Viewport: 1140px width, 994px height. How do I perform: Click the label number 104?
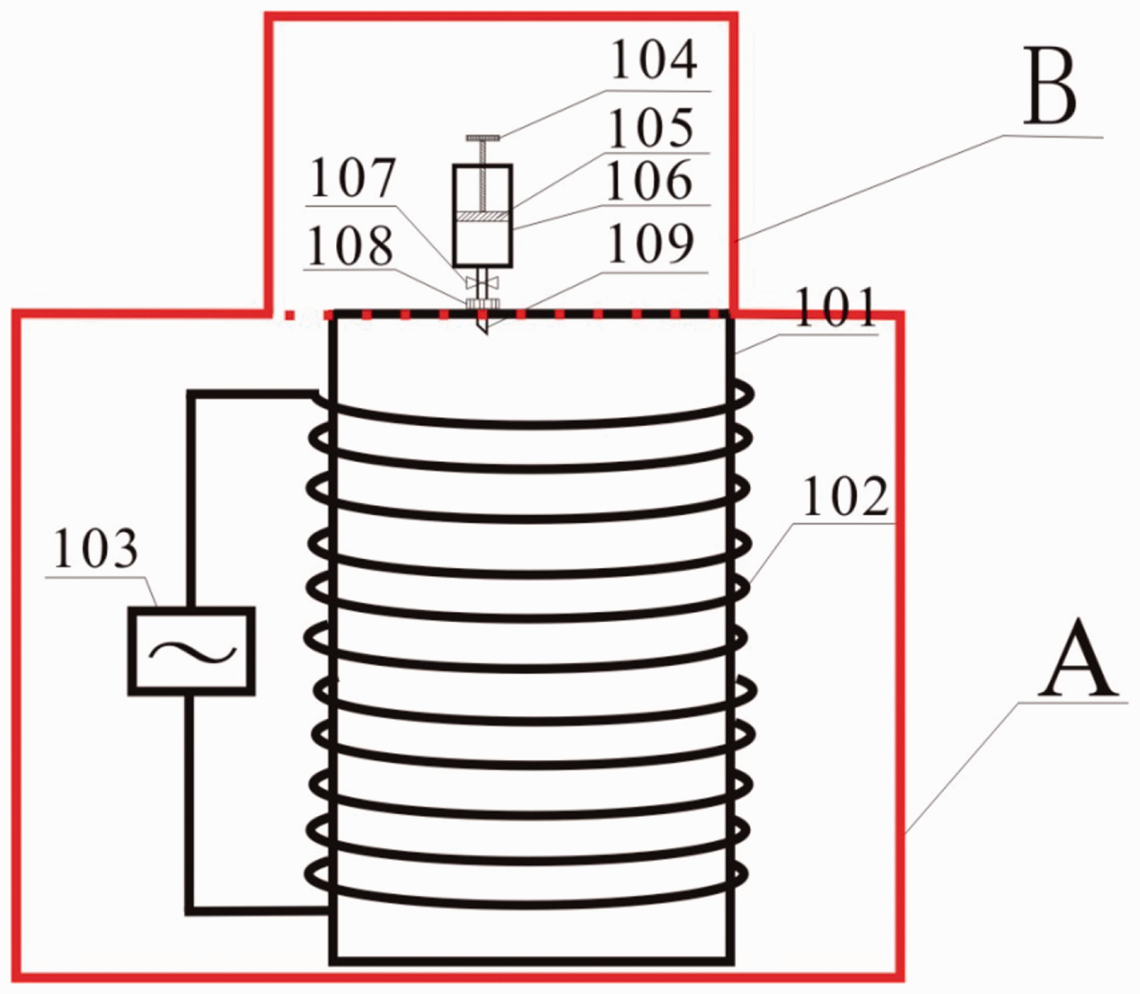pos(654,59)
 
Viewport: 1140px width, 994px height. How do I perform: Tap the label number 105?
pos(651,129)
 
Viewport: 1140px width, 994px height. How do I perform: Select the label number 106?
pos(650,181)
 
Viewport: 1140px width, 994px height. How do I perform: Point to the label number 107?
pos(353,179)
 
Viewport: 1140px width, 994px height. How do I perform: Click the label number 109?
pos(651,245)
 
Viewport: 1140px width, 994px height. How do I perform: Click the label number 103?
pos(95,548)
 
